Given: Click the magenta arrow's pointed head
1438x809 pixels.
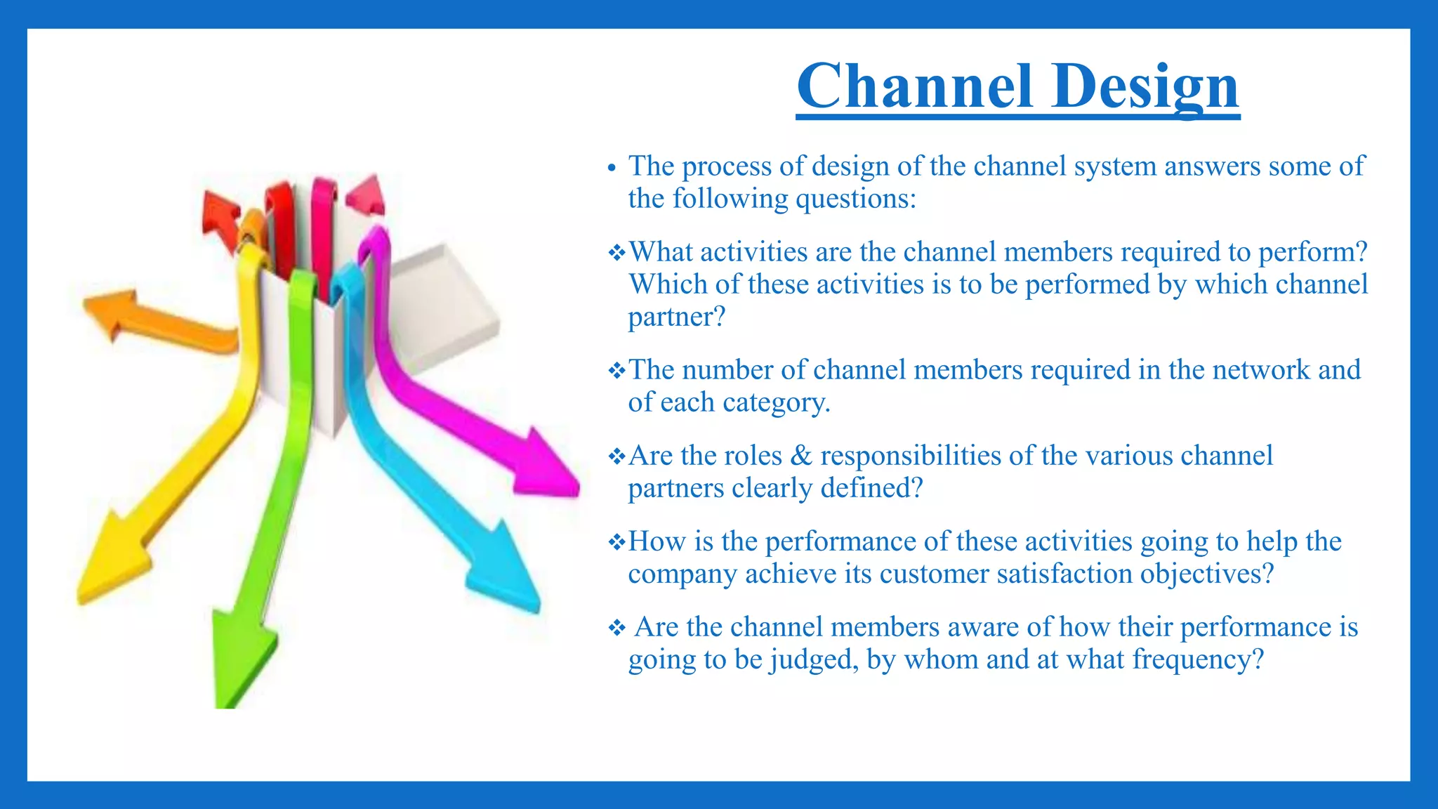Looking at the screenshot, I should coord(548,467).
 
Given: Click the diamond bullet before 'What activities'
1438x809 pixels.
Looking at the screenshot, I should coord(616,252).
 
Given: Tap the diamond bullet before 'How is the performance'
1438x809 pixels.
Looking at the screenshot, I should coord(616,542).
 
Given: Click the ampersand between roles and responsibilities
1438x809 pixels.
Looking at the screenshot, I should coord(800,456).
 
